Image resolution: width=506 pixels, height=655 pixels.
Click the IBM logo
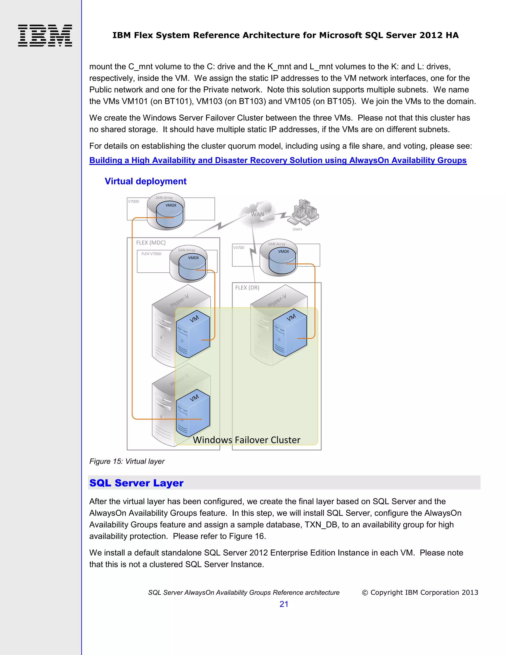pos(45,35)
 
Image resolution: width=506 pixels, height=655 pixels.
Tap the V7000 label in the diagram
pos(133,201)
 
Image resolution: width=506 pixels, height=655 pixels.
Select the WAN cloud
pos(257,214)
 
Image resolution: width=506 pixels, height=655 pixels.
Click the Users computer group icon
pos(303,212)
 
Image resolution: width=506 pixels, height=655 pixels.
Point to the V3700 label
pos(239,248)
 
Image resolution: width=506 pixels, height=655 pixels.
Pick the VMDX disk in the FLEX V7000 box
pos(192,267)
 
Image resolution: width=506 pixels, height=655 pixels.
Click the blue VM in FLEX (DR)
pos(290,333)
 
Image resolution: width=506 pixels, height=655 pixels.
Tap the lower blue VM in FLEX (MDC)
pos(193,413)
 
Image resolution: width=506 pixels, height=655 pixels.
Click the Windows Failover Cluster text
pos(246,440)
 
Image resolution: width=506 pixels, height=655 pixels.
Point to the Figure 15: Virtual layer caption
pos(127,461)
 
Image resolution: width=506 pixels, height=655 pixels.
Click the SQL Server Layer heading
pos(136,483)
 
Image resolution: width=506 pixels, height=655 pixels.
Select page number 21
pos(284,604)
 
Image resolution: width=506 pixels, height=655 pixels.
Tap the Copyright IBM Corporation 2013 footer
pos(420,592)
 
